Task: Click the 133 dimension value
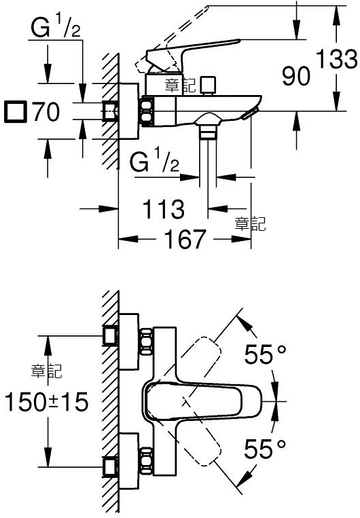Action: click(x=336, y=60)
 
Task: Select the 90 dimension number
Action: click(x=296, y=75)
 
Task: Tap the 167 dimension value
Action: click(x=185, y=239)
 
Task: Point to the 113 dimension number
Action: click(x=163, y=209)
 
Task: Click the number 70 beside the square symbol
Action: click(x=47, y=111)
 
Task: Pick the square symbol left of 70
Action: click(x=15, y=112)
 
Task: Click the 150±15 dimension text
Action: click(x=47, y=402)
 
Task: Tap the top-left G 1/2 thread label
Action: click(x=56, y=27)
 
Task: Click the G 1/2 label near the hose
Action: click(x=154, y=160)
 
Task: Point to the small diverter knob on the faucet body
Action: click(x=208, y=86)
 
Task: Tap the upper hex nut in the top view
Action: click(x=147, y=341)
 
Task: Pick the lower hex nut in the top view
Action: click(x=147, y=461)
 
